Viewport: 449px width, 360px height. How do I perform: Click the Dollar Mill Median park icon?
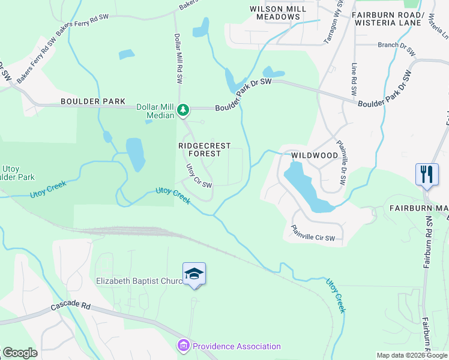[184, 110]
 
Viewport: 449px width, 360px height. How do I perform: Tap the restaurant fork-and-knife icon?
[426, 175]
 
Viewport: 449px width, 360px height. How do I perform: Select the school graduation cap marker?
[194, 274]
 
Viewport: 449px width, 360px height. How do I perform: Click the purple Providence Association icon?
[183, 346]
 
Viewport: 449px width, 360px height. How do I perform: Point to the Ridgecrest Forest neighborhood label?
[200, 149]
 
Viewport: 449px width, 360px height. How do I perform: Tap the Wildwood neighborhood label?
[315, 155]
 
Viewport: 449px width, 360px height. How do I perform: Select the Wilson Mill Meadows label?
[275, 13]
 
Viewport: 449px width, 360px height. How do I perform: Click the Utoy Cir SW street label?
[199, 176]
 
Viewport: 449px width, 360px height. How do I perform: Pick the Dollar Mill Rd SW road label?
[178, 58]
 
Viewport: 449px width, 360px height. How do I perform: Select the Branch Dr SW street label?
[396, 48]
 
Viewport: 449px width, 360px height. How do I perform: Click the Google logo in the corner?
[19, 353]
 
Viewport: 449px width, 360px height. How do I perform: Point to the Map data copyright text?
[412, 355]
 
